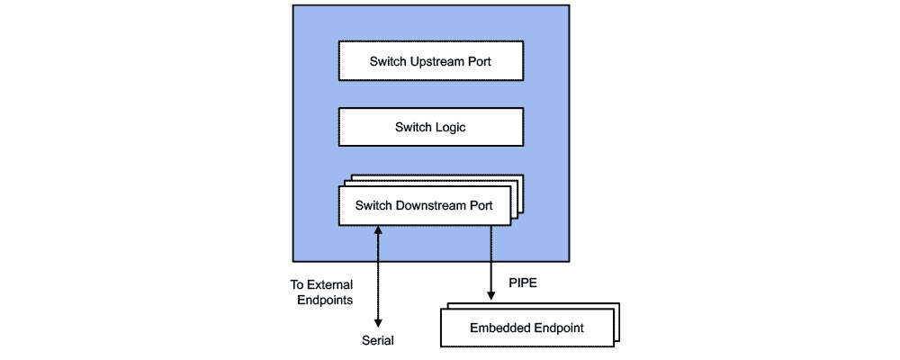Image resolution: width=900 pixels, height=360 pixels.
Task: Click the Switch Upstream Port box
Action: click(x=430, y=62)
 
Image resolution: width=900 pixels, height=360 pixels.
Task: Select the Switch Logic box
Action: click(x=430, y=128)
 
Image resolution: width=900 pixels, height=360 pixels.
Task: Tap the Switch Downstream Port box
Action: click(x=424, y=205)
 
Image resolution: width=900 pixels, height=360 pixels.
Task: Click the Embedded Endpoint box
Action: click(x=526, y=328)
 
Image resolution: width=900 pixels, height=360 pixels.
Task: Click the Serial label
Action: click(x=378, y=341)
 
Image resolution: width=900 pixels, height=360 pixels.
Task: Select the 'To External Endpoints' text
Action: click(x=321, y=292)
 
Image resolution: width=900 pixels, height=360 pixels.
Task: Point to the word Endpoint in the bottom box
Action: click(x=557, y=328)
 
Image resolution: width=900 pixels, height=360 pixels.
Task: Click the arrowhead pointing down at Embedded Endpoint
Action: click(x=490, y=294)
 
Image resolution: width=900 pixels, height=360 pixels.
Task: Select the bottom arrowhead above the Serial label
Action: click(x=378, y=322)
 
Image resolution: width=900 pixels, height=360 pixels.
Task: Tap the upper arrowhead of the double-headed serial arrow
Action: click(x=378, y=231)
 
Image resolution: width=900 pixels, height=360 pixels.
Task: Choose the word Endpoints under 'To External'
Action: click(x=325, y=300)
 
